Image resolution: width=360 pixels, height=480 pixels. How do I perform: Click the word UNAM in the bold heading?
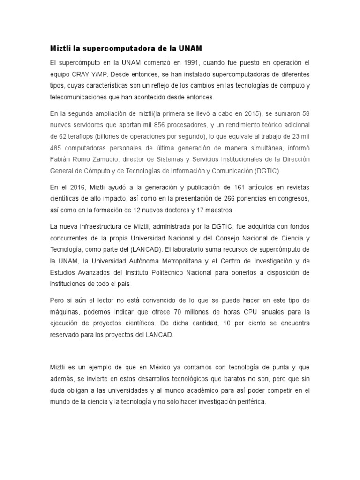pos(190,48)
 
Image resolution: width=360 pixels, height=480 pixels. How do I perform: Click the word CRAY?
pos(82,74)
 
